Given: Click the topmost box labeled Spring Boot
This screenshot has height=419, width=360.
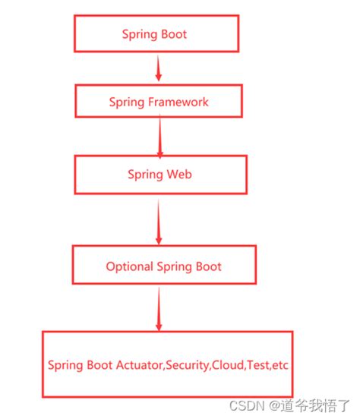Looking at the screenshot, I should coord(155,34).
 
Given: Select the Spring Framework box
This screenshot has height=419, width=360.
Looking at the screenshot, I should coord(158,102).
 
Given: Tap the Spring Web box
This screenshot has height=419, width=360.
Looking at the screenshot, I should coord(159,175).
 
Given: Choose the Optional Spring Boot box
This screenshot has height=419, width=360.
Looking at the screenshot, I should coord(163,266).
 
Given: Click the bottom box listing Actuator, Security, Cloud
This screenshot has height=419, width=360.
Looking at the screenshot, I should coord(167,364).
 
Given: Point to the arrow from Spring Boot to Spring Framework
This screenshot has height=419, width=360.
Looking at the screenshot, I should coord(158,68).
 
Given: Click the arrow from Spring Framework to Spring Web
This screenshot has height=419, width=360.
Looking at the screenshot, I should coord(159,137).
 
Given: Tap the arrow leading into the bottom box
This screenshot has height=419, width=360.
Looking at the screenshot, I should coord(159,310).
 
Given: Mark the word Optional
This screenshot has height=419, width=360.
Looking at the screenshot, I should coord(128,266).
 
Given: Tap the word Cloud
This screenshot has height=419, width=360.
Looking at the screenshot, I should coord(227,365).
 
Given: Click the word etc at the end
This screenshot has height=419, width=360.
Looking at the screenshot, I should coord(281,365).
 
